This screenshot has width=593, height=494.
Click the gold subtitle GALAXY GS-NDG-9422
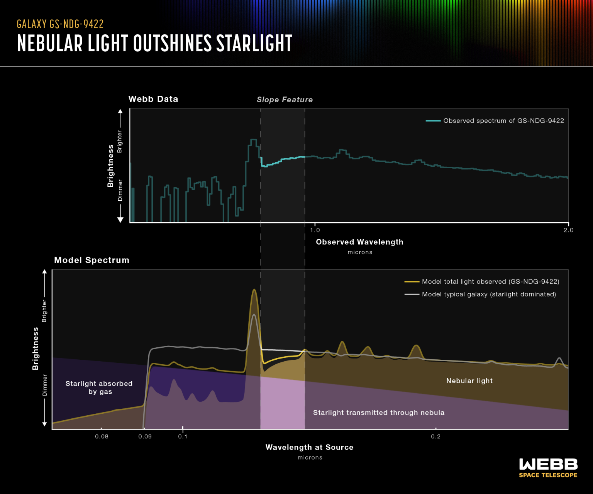60,24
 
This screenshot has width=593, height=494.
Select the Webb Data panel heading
153,99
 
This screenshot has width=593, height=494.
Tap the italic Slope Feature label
285,100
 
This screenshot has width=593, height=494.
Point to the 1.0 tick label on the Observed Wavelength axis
315,230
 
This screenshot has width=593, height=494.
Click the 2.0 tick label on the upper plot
568,230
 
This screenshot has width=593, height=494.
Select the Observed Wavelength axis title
359,242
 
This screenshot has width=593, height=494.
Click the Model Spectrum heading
91,260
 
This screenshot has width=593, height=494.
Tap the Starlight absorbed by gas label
99,387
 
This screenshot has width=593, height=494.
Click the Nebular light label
469,381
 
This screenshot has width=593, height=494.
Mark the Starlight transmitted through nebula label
378,413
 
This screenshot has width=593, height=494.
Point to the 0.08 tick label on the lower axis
102,436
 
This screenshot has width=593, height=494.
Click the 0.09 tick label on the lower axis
145,436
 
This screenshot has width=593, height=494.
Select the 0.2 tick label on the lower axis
435,436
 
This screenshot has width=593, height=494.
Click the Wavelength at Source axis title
309,447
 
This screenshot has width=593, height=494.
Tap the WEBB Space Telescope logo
548,468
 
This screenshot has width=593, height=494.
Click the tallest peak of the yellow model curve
254,290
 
